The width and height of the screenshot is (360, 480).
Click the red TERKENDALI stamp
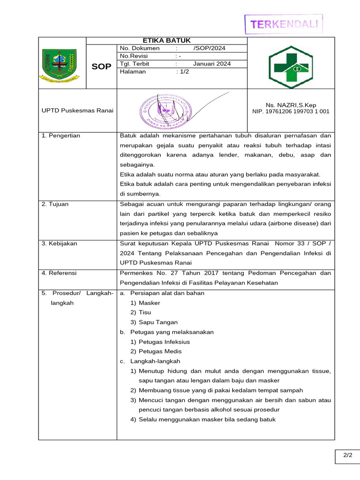284,24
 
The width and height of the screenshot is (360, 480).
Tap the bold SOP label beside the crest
101,67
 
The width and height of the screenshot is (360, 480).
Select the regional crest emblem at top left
59,65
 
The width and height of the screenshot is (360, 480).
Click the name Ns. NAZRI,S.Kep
291,105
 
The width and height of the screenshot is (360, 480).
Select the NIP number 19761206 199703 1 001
291,112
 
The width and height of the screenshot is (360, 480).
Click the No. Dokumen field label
140,48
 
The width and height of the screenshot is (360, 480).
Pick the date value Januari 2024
211,64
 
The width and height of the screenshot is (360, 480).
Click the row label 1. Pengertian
61,135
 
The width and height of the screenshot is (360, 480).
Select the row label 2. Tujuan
55,204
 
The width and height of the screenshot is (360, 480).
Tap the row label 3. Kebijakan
60,243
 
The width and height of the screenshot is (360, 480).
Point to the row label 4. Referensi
59,273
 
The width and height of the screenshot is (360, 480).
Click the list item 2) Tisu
141,312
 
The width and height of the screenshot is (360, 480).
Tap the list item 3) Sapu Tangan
154,322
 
